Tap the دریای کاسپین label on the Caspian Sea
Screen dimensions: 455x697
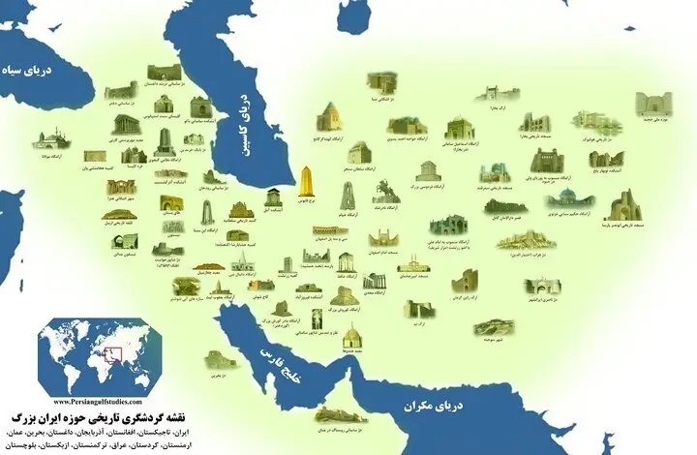(243, 107)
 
